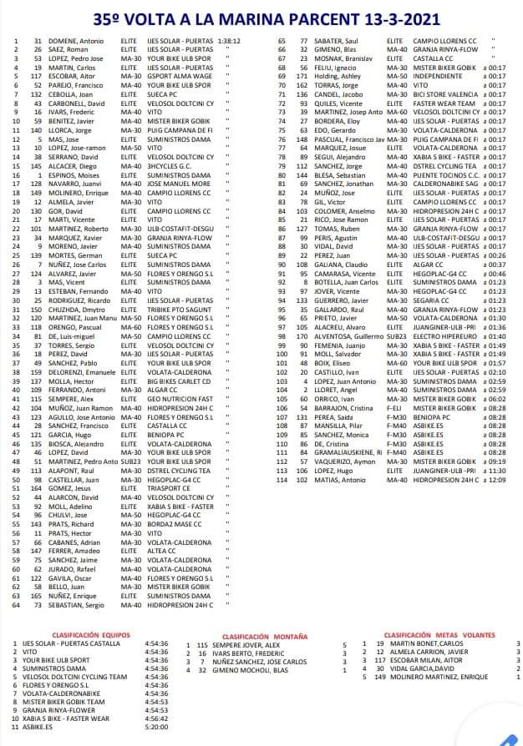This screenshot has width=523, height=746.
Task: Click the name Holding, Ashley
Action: point(338,76)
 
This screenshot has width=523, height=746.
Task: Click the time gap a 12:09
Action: point(494,480)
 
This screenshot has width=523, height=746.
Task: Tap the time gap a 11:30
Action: point(494,471)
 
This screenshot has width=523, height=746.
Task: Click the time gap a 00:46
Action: point(494,274)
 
